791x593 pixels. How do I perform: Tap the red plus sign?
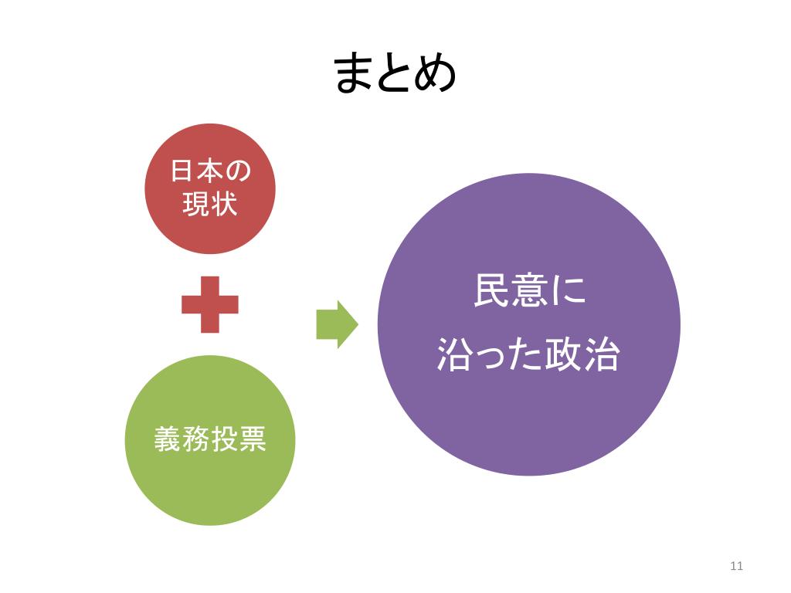click(209, 305)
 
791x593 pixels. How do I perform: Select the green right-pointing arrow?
click(337, 324)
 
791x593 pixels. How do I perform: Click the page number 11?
click(735, 566)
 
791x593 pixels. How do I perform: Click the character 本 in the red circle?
click(209, 172)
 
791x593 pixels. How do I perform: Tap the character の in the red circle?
click(237, 172)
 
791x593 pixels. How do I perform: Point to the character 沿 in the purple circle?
click(455, 354)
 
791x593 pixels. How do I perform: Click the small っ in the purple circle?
click(492, 357)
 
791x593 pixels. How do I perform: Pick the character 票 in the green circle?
click(252, 440)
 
